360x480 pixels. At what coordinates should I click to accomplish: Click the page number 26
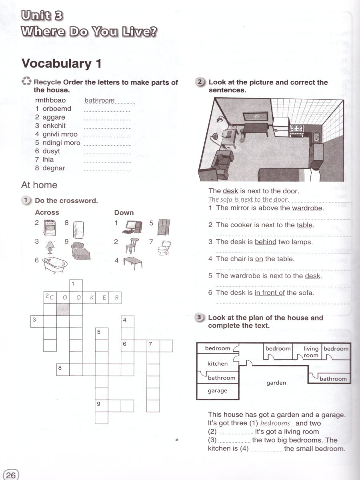[11, 475]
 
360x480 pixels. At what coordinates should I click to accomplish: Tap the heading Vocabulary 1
[61, 64]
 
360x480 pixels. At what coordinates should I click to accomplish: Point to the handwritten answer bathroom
[100, 100]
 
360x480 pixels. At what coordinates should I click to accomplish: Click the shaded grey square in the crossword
[63, 309]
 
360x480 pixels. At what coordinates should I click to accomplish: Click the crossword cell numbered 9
[101, 406]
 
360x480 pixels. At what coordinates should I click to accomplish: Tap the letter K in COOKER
[89, 298]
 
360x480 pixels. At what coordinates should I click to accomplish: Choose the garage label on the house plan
[217, 391]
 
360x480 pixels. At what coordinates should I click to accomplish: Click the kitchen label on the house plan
[217, 364]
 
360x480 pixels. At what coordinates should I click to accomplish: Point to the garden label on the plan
[276, 383]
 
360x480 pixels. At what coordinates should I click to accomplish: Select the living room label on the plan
[311, 352]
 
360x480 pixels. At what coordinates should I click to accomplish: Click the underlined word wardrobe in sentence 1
[307, 208]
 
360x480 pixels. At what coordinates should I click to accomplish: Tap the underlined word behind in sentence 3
[265, 242]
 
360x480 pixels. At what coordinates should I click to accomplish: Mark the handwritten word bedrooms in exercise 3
[275, 423]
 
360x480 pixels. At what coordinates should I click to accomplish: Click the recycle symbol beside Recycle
[26, 82]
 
